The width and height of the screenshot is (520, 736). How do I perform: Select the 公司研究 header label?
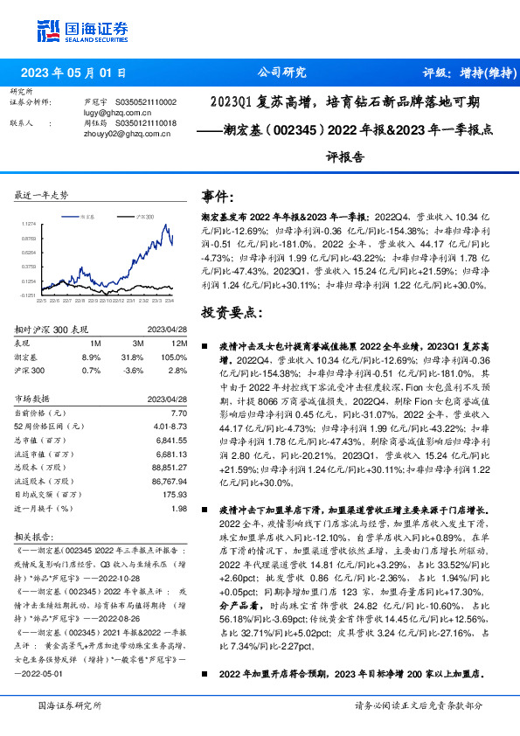pos(282,73)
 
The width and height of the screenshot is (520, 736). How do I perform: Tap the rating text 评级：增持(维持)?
pos(460,73)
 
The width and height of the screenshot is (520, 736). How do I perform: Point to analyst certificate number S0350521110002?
pos(140,102)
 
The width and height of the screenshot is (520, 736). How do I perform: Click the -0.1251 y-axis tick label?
pos(28,296)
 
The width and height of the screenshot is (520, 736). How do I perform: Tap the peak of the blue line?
pos(165,225)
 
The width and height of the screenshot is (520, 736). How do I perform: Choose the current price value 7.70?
pos(179,413)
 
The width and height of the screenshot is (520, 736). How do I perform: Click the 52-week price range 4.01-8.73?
pos(170,426)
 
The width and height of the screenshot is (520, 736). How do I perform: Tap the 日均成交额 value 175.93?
pos(175,495)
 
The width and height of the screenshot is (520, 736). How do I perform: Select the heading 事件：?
pos(218,196)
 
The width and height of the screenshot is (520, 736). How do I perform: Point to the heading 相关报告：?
pos(38,537)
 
